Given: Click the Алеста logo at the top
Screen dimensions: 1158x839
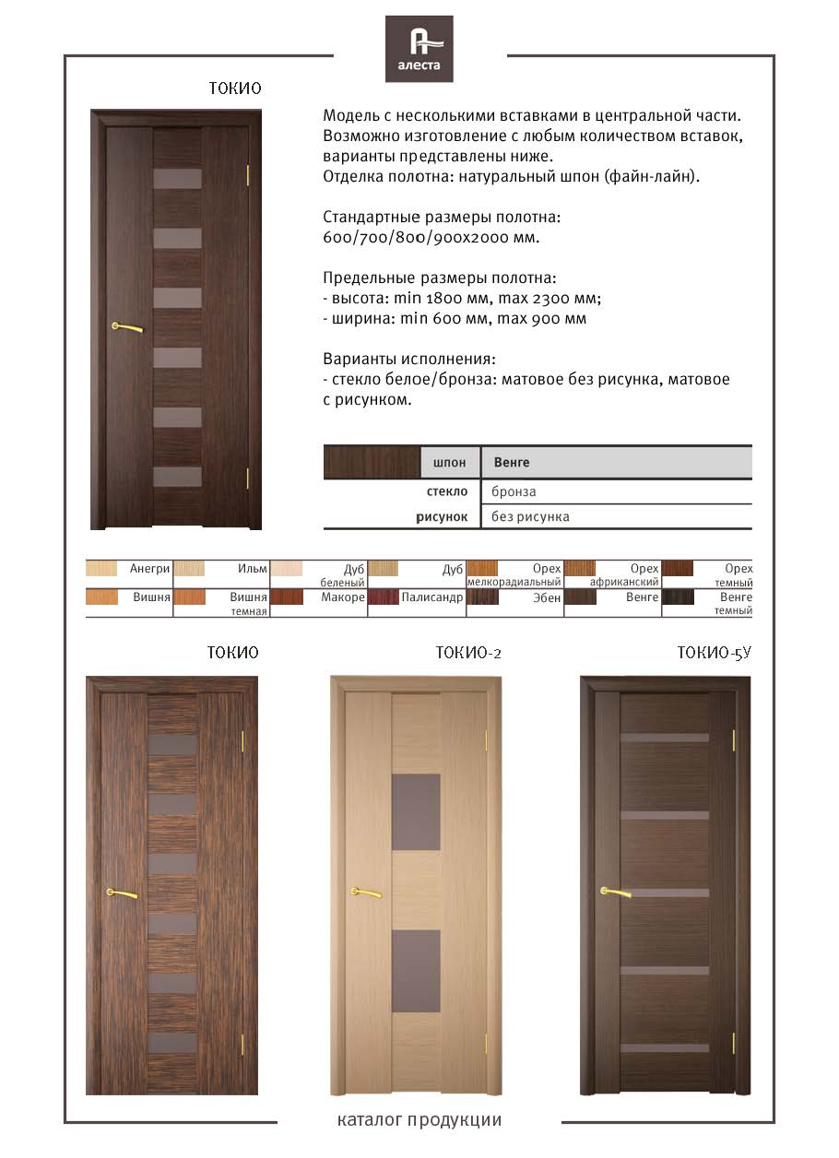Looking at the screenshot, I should [x=419, y=49].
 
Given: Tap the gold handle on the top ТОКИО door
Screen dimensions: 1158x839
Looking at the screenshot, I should [x=127, y=326].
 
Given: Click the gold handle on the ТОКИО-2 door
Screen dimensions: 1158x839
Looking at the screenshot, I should [x=366, y=892].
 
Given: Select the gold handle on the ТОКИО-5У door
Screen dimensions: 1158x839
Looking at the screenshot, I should [x=615, y=892].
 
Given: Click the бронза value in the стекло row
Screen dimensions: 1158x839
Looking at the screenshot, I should [x=514, y=491].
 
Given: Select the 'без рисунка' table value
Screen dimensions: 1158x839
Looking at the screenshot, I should [x=530, y=516].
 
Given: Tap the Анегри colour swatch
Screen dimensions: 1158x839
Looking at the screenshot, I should [x=100, y=569].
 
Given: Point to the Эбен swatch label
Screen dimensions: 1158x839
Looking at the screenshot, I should [x=547, y=598].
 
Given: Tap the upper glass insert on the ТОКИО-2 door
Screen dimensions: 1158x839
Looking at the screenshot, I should [x=416, y=811].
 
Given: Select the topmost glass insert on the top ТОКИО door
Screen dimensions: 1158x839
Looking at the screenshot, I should [x=177, y=179].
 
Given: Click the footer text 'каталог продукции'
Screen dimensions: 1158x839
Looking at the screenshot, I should [x=419, y=1121].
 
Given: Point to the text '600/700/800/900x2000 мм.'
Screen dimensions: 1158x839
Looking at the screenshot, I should [x=431, y=238].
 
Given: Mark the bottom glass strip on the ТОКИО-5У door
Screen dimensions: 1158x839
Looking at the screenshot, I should [x=664, y=1048].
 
